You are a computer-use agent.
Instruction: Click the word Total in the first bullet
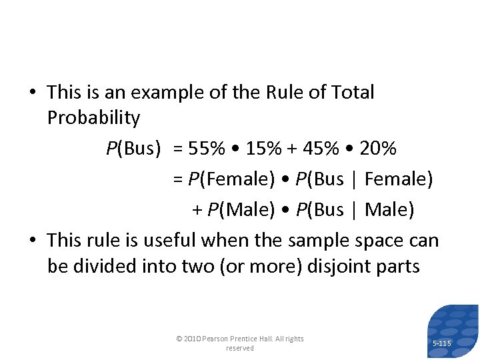point(349,92)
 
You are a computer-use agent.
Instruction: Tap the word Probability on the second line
point(94,118)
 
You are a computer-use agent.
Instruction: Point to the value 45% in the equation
point(321,148)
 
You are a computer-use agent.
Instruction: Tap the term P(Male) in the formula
point(241,209)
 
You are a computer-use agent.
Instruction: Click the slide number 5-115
point(441,343)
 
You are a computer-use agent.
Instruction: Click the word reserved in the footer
point(240,348)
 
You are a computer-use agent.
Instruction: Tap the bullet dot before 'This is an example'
point(34,93)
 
